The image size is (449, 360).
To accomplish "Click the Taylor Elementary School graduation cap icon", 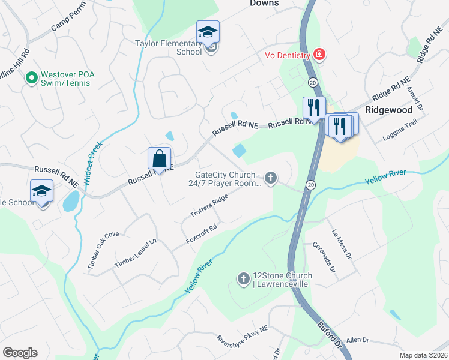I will coord(208,32).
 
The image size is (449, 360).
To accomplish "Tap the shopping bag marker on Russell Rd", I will coord(160,159).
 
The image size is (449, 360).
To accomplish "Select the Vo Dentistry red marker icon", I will coord(319,56).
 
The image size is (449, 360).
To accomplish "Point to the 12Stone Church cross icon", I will coord(244,278).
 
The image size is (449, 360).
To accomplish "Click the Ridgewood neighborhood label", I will coord(390,110).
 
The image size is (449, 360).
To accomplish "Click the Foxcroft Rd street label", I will coord(200,233).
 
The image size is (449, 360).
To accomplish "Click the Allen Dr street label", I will coord(357,340).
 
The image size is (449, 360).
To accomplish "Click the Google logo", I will coord(20,352).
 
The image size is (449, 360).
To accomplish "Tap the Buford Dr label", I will coord(330,335).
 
